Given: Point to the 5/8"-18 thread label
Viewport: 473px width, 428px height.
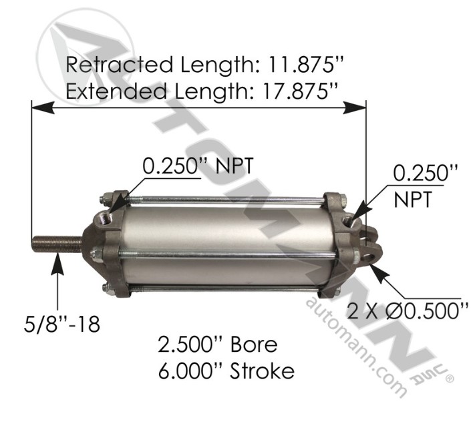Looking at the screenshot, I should point(59,326).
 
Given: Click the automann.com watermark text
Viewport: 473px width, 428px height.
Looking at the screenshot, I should point(355,347).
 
